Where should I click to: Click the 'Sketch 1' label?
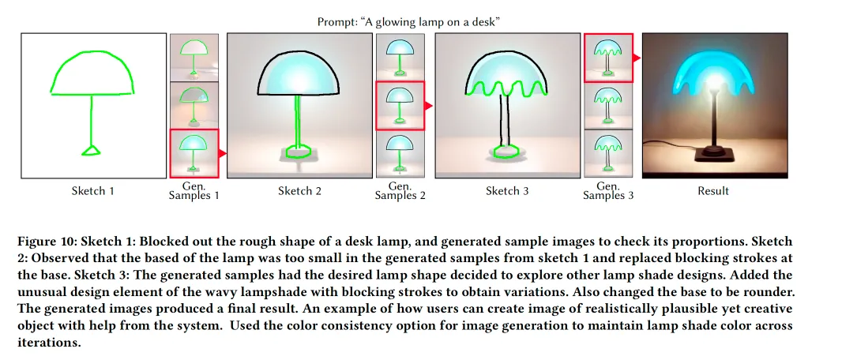92,191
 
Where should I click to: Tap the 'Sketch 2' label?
299,191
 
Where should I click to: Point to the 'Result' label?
714,191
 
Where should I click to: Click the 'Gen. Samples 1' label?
194,190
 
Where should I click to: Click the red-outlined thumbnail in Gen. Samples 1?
194,153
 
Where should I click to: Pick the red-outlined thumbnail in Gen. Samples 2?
401,105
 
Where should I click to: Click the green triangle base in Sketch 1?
92,149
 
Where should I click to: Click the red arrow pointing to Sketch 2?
223,153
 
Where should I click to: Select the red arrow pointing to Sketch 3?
430,105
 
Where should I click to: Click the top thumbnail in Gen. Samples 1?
194,57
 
